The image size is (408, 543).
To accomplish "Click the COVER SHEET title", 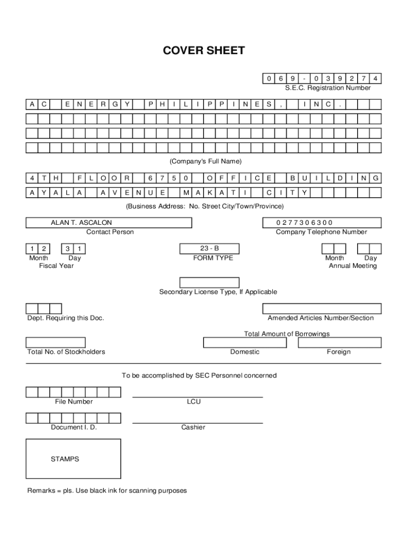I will click(204, 51).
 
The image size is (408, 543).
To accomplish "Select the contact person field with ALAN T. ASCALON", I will click(109, 223).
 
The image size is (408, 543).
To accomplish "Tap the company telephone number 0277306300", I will click(322, 223).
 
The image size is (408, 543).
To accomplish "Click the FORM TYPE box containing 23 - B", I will click(209, 249).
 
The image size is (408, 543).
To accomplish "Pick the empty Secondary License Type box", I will click(209, 282).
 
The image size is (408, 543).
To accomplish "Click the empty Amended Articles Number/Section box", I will click(322, 309).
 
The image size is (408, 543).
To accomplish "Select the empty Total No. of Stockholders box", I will click(56, 343).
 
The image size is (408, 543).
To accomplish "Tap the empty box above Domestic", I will click(245, 343).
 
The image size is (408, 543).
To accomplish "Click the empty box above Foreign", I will click(339, 343).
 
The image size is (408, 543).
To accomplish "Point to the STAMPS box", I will click(73, 459).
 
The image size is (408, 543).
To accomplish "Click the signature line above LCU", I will click(197, 397).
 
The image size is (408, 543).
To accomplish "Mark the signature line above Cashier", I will click(197, 423).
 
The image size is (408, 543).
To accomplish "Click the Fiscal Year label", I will click(56, 266).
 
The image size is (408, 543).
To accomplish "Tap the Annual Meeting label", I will click(352, 266).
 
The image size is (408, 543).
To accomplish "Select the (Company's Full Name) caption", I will click(205, 161).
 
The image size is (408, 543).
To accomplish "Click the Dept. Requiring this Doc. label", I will click(66, 318).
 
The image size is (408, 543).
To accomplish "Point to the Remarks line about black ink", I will click(107, 491).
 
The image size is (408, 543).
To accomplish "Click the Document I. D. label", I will click(74, 427).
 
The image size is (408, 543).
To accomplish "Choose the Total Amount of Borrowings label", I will click(287, 334).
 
